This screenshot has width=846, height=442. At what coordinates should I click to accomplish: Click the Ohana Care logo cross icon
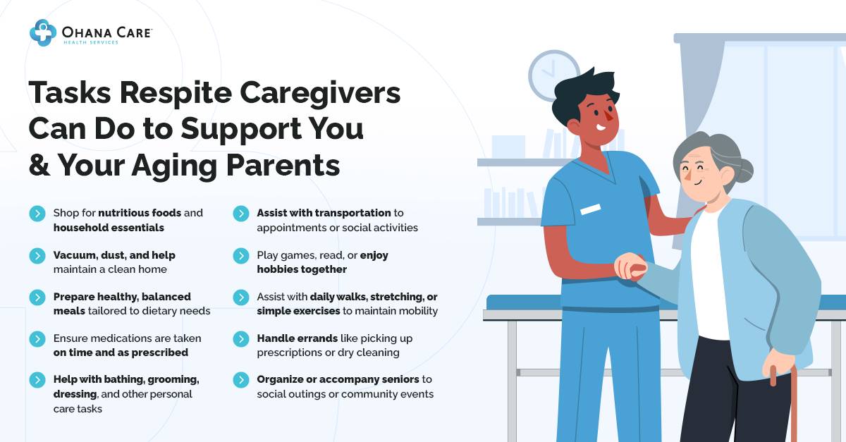click(x=43, y=32)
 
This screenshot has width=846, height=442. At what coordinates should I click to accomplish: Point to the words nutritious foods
click(x=140, y=213)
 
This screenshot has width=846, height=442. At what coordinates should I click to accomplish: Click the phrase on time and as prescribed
click(x=121, y=352)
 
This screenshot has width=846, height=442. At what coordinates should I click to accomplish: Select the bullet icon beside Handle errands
click(x=241, y=339)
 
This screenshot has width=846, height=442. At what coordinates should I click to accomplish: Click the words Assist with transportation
click(x=324, y=213)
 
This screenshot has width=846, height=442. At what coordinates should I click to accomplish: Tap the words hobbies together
click(x=302, y=269)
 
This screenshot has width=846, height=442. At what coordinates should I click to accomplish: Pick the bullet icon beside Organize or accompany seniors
click(x=241, y=381)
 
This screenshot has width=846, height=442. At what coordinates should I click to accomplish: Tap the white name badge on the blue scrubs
click(x=590, y=209)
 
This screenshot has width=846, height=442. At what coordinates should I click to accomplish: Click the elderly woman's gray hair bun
click(x=744, y=170)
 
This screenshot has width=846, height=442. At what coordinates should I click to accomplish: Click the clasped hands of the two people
click(x=630, y=267)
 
